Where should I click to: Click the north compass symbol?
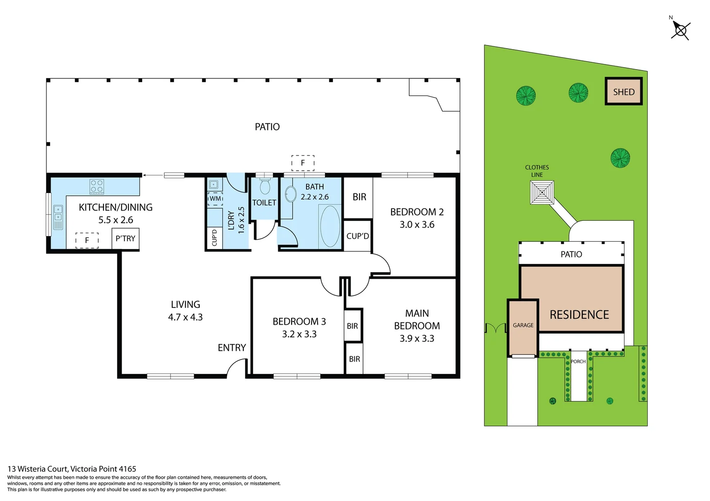pos(680,30)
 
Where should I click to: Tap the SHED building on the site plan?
pos(624,91)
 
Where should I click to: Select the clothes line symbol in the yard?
pos(542,193)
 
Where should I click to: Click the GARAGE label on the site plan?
pos(523,326)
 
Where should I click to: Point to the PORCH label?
pos(578,361)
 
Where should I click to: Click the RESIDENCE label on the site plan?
pos(579,315)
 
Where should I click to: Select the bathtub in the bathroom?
pos(330,226)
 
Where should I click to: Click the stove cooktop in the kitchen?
pos(97,186)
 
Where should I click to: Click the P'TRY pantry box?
pos(125,238)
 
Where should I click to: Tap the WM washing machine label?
pos(215,199)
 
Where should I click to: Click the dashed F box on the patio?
pos(303,163)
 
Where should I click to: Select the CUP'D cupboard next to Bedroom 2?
pos(358,236)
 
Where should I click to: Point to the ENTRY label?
pos(232,347)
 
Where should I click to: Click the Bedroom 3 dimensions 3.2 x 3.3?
pos(299,334)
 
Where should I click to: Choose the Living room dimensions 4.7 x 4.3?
pos(185,317)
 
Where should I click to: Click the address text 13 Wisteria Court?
pos(72,469)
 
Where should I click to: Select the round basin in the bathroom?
pos(291,194)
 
